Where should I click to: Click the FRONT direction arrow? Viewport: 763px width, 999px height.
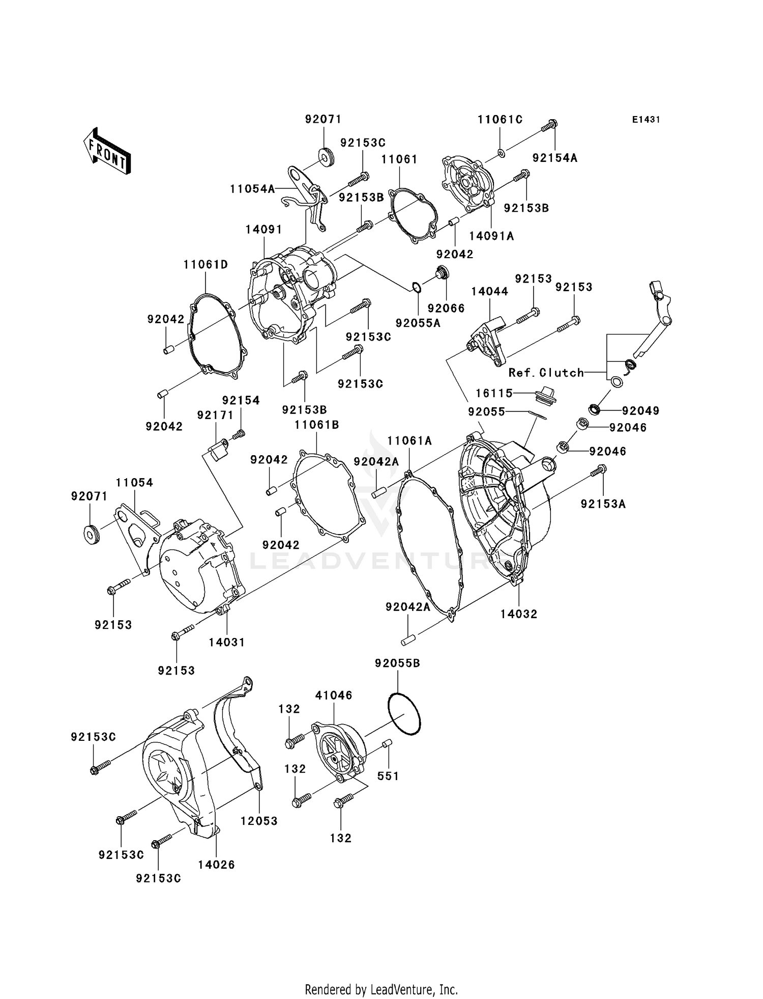pyautogui.click(x=107, y=151)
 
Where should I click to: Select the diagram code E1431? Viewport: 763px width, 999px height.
pyautogui.click(x=646, y=120)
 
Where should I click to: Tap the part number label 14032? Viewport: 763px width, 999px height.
pyautogui.click(x=518, y=614)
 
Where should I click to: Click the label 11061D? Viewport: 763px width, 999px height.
pyautogui.click(x=206, y=264)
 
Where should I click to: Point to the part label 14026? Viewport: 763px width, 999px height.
pyautogui.click(x=216, y=865)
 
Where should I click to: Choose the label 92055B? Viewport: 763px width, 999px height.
pyautogui.click(x=398, y=663)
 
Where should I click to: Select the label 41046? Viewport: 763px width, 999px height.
pyautogui.click(x=334, y=696)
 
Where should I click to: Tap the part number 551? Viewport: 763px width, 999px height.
pyautogui.click(x=388, y=776)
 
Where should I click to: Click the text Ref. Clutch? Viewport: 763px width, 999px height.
pyautogui.click(x=546, y=373)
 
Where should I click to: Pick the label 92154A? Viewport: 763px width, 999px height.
pyautogui.click(x=555, y=158)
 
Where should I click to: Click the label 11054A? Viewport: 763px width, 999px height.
pyautogui.click(x=252, y=189)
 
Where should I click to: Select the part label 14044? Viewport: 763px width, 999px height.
pyautogui.click(x=489, y=291)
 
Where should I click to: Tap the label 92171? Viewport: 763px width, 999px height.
pyautogui.click(x=215, y=415)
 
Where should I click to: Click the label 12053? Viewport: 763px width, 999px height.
pyautogui.click(x=259, y=821)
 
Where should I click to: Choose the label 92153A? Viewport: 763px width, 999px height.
pyautogui.click(x=603, y=504)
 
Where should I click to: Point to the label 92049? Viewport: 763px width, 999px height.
pyautogui.click(x=640, y=410)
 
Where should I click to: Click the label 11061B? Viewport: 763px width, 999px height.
pyautogui.click(x=316, y=425)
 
